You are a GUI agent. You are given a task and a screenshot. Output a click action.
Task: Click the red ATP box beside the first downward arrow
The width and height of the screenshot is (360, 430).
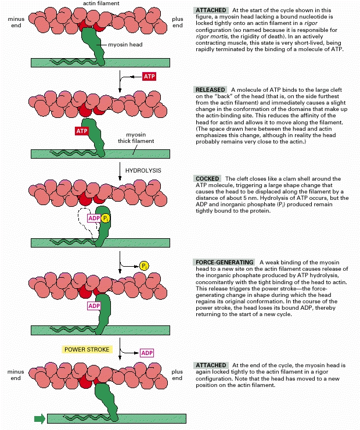point(149,77)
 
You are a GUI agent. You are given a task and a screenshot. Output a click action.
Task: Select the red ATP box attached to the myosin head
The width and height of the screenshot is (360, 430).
point(81,131)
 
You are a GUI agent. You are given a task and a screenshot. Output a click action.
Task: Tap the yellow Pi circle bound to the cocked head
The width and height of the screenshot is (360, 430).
point(105,218)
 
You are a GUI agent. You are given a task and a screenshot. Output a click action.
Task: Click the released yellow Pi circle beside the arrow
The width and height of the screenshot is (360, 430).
point(145,266)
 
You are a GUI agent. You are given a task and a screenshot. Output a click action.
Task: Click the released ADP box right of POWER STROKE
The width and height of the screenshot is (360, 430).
point(147,353)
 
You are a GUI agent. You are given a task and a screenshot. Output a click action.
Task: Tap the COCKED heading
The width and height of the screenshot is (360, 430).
point(207,178)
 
